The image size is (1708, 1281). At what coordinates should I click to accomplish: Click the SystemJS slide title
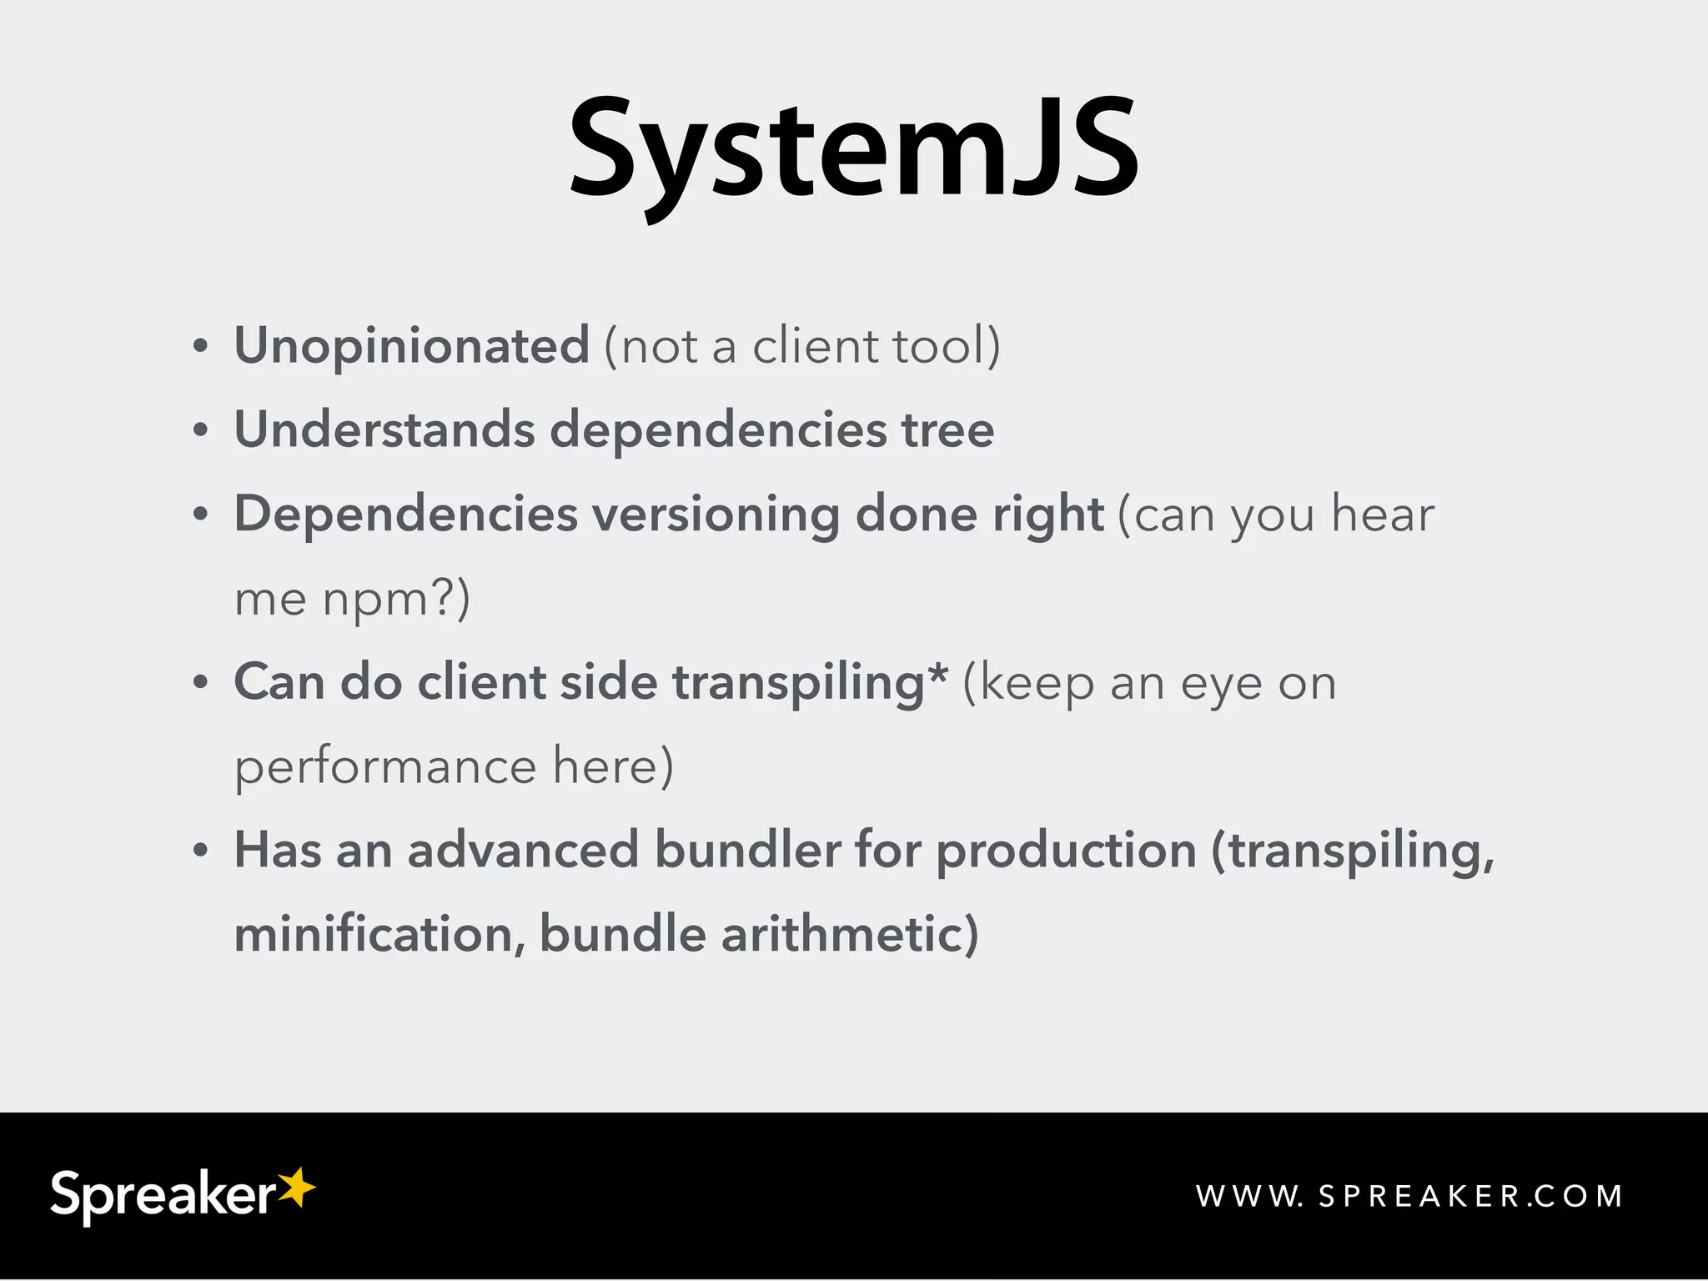tap(853, 150)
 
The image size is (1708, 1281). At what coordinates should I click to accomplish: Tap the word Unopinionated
tap(412, 345)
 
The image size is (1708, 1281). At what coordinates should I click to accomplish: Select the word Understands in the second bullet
tap(384, 430)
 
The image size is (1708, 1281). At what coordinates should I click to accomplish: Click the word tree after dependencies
tap(947, 430)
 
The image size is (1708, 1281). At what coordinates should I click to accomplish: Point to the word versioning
tap(716, 514)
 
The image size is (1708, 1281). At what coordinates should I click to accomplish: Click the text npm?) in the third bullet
tap(397, 600)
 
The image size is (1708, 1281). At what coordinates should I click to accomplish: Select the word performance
tap(385, 767)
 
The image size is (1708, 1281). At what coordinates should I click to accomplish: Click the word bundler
tap(747, 851)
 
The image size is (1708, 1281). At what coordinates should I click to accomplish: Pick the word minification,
tap(379, 934)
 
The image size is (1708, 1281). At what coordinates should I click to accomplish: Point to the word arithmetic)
tap(850, 934)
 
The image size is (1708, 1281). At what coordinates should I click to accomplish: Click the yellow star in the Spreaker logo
tap(296, 1187)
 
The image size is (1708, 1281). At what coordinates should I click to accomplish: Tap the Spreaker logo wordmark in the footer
tap(163, 1196)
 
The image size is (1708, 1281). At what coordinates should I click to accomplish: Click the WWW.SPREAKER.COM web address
tap(1409, 1197)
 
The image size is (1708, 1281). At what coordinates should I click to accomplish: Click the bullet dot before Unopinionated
tap(200, 347)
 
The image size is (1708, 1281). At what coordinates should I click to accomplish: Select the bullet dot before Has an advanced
tap(200, 851)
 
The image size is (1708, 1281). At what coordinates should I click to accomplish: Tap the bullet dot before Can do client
tap(200, 683)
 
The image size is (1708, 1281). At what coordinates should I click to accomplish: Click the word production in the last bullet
tap(1066, 852)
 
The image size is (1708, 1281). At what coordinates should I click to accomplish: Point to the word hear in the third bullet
tap(1382, 514)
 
